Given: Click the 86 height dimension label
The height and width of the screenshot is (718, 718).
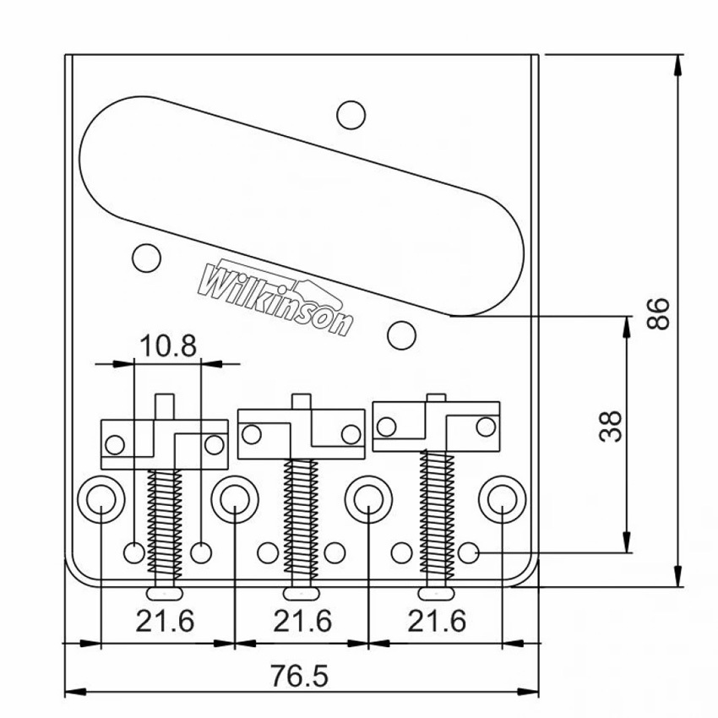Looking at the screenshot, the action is [x=658, y=313].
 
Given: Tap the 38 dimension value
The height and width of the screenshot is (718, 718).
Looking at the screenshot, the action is [x=611, y=427].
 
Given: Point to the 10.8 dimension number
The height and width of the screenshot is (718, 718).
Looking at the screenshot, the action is [x=168, y=345].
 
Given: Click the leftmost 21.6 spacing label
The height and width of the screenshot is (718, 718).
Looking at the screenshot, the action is [x=166, y=621].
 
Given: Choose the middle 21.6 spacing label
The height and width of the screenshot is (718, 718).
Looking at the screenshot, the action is [x=302, y=621].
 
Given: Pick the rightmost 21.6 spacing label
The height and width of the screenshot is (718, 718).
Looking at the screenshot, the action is [x=437, y=621].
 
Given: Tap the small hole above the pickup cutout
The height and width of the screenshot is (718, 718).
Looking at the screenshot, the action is [x=351, y=115].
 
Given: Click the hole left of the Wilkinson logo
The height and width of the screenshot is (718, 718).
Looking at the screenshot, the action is [x=146, y=258].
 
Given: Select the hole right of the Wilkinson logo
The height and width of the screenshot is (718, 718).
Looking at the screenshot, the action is [x=401, y=335].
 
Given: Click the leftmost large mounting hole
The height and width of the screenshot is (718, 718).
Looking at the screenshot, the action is [x=101, y=499].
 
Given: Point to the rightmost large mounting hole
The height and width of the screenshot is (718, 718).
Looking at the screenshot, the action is [x=503, y=499].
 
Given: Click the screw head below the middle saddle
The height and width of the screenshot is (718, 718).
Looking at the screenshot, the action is [x=302, y=594].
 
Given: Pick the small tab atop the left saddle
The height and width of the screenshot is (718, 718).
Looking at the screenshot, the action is [x=165, y=406].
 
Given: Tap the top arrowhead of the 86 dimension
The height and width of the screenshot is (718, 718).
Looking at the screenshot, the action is [x=678, y=65].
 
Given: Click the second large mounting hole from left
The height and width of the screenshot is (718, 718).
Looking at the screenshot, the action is [x=235, y=499].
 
